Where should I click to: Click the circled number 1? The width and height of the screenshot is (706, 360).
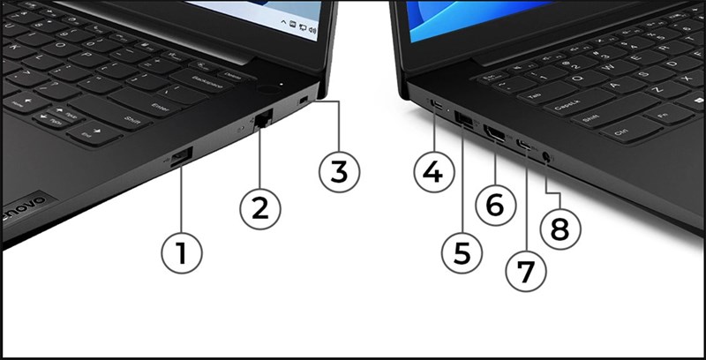tap(181, 254)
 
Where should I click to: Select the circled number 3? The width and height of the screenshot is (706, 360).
tap(339, 171)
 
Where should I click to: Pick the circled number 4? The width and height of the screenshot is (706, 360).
tap(432, 171)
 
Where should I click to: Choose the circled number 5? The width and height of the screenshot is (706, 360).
tap(462, 251)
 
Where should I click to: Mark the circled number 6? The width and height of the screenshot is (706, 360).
tap(494, 205)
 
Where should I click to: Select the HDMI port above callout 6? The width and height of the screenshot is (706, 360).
tap(493, 136)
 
